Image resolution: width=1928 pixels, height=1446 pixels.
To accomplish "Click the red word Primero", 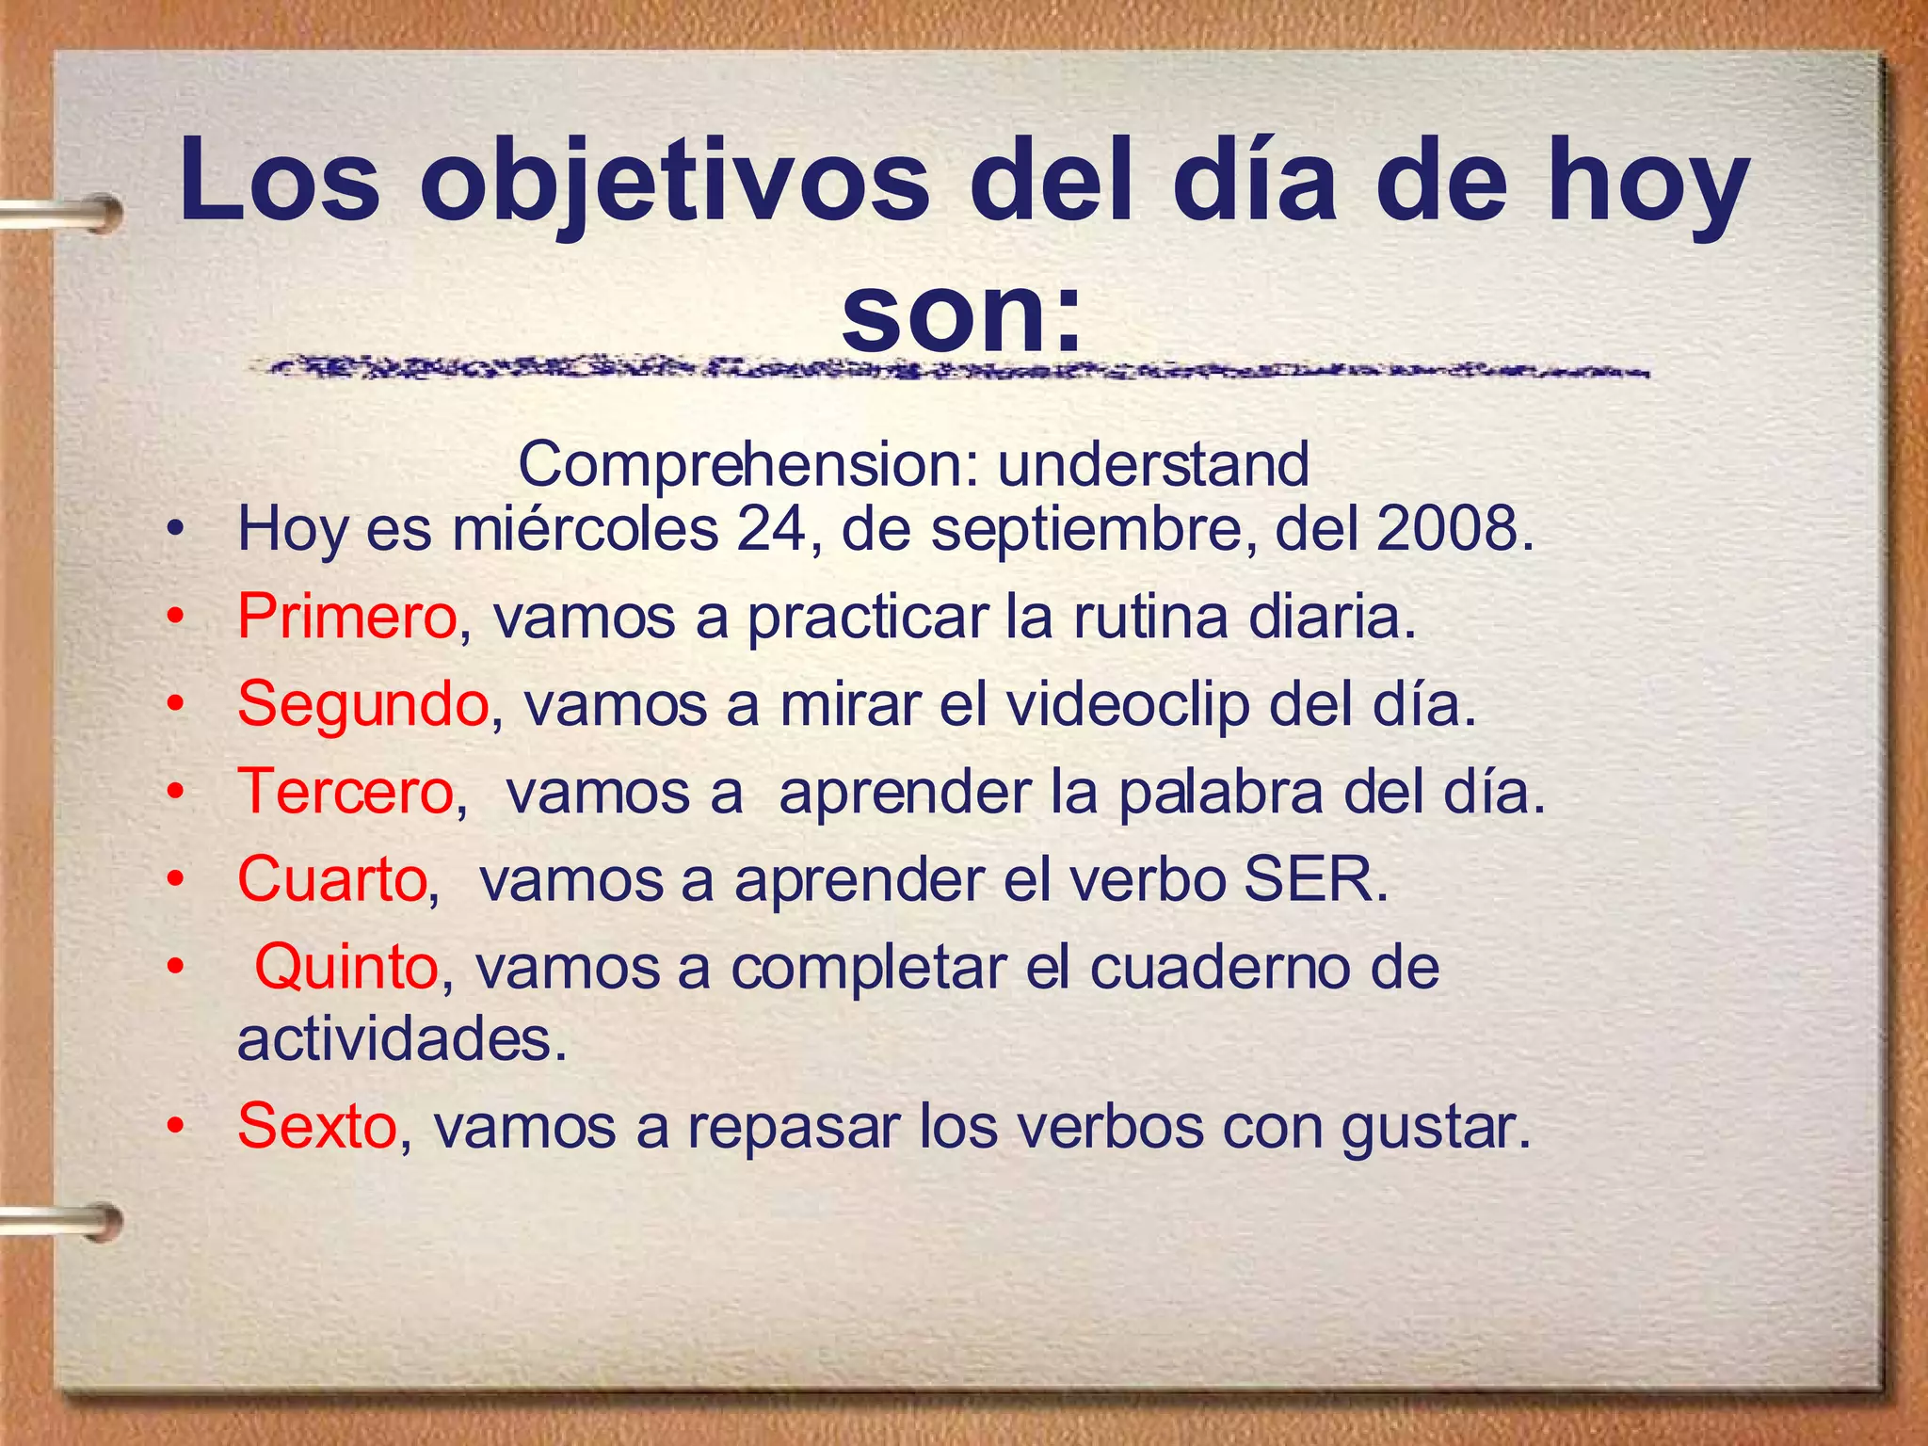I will pyautogui.click(x=346, y=618).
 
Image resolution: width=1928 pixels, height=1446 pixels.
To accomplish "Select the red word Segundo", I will pyautogui.click(x=362, y=704).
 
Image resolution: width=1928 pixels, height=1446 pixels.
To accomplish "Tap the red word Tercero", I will pyautogui.click(x=345, y=791).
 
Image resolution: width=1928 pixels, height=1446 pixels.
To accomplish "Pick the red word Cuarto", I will pyautogui.click(x=332, y=879).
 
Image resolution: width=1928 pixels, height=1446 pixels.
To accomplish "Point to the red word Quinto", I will pyautogui.click(x=346, y=967).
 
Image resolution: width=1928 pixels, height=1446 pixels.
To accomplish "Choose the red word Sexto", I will pyautogui.click(x=317, y=1125).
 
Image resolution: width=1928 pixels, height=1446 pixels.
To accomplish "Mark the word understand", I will pyautogui.click(x=1152, y=464).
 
